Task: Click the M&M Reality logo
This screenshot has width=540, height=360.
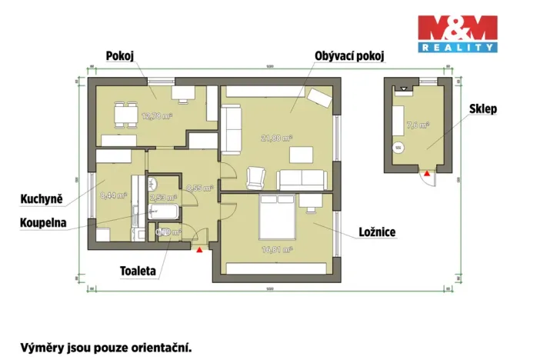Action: point(457,33)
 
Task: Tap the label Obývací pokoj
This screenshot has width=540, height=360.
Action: point(349,56)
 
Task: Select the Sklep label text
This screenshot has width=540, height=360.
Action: point(483,109)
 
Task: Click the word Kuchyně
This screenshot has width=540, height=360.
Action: point(42,199)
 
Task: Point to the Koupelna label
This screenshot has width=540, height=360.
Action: point(44,223)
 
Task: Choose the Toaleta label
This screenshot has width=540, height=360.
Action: point(138,271)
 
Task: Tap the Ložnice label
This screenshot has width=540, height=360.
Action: point(377,232)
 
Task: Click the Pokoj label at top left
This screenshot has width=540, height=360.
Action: point(122,55)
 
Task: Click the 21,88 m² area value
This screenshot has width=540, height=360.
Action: point(276,138)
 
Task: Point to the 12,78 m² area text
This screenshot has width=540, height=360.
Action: point(157,116)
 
